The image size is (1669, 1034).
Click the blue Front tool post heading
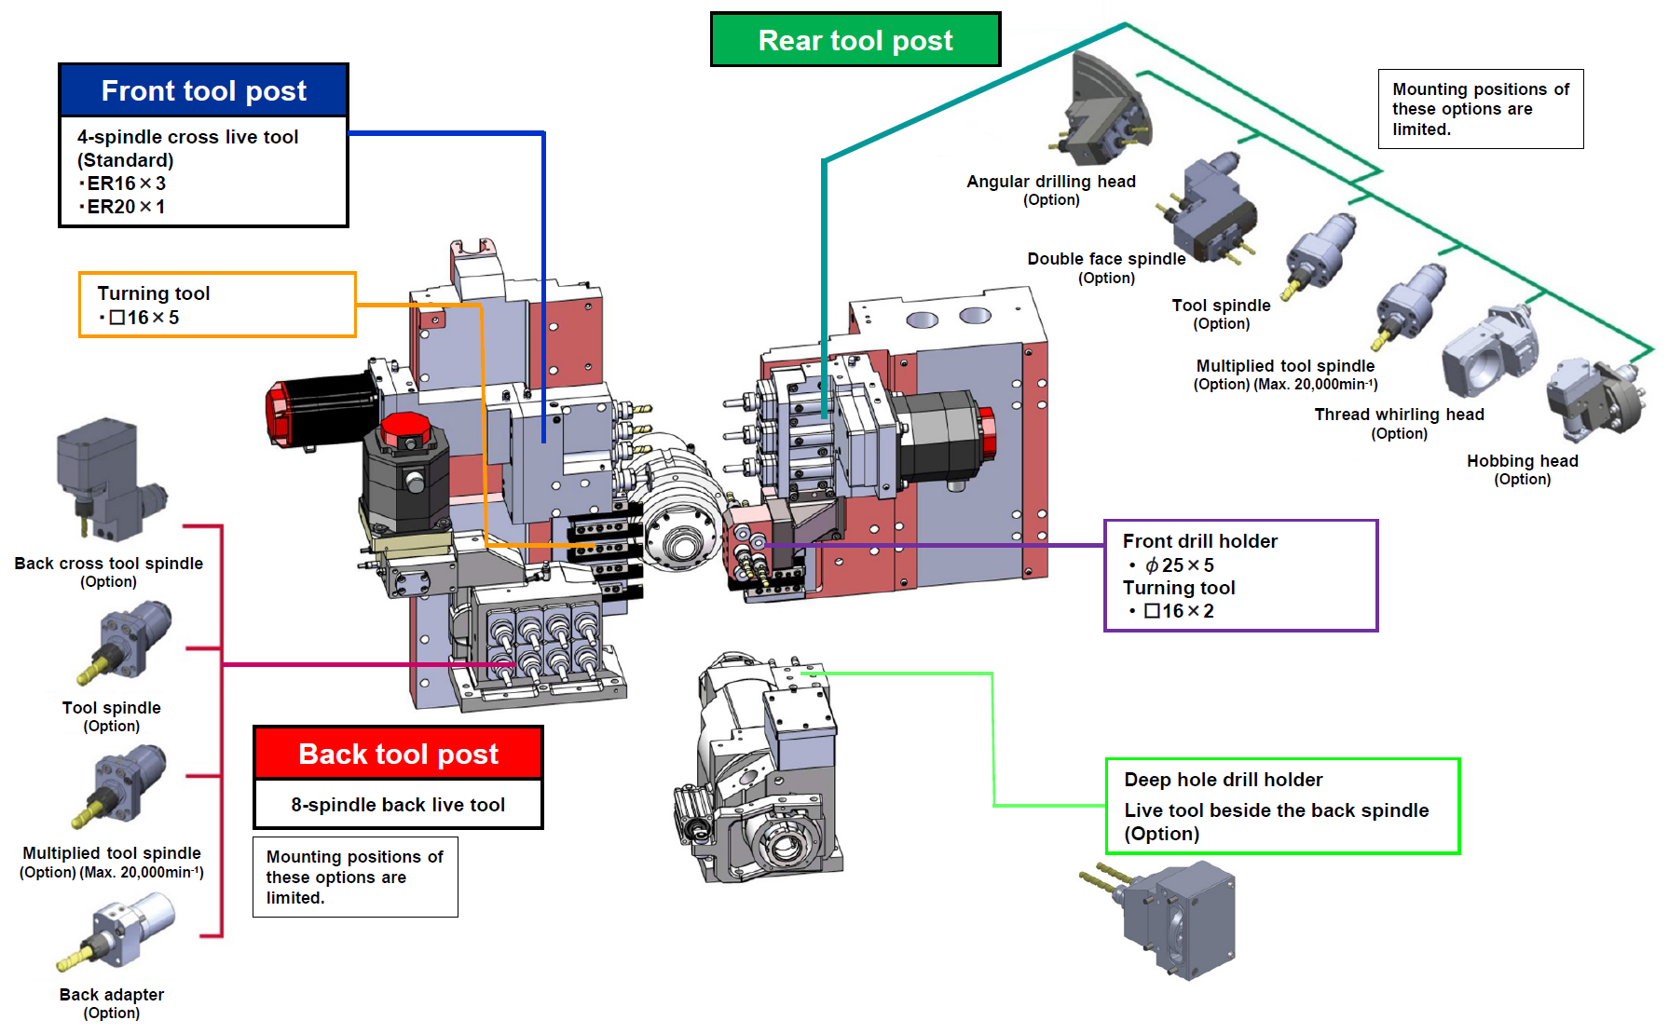[203, 90]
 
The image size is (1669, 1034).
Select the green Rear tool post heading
[855, 40]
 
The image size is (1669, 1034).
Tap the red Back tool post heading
[398, 754]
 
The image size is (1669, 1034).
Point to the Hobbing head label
[1522, 461]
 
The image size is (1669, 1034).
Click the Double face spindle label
[1106, 259]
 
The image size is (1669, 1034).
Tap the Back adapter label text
[112, 995]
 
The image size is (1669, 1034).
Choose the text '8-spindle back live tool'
[398, 805]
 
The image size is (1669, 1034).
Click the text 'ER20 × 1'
[126, 207]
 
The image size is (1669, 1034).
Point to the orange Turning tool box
[217, 305]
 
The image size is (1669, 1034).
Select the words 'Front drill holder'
[1199, 541]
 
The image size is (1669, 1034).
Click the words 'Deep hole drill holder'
[1223, 780]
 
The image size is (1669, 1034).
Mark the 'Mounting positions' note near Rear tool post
[1480, 109]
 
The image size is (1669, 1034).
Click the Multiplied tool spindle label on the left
[112, 853]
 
